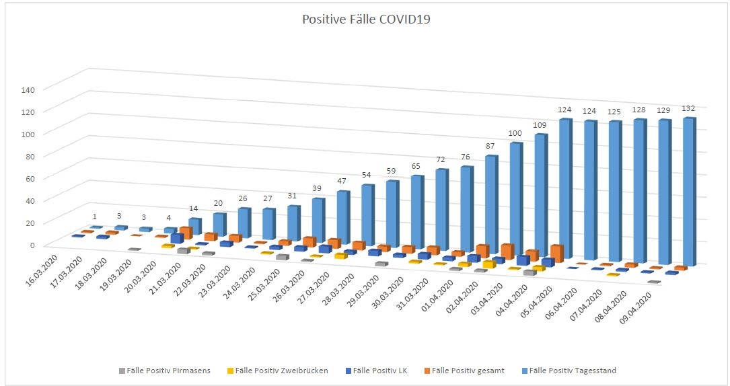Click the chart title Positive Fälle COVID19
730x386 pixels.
[x=365, y=20]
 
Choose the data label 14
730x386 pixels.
[x=192, y=209]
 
